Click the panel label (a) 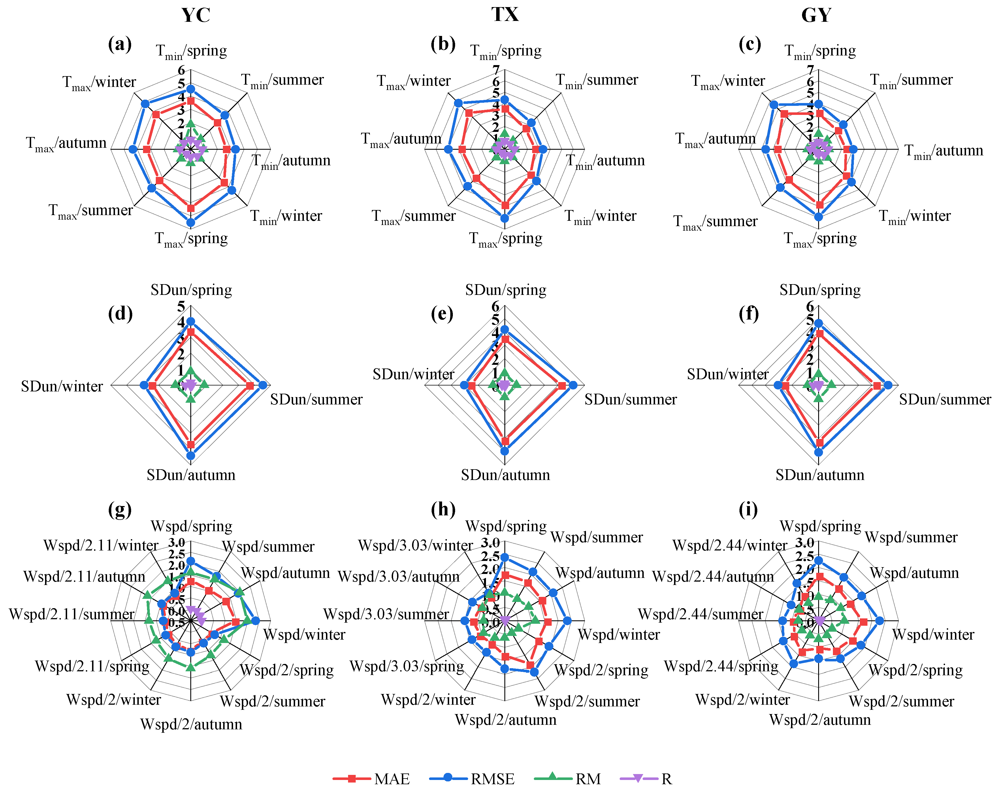click(120, 44)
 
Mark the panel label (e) click(442, 314)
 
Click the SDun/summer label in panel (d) click(316, 399)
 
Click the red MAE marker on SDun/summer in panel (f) click(877, 386)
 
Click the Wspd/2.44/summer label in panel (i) click(700, 614)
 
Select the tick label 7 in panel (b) click(496, 70)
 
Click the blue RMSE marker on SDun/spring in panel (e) click(505, 329)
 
